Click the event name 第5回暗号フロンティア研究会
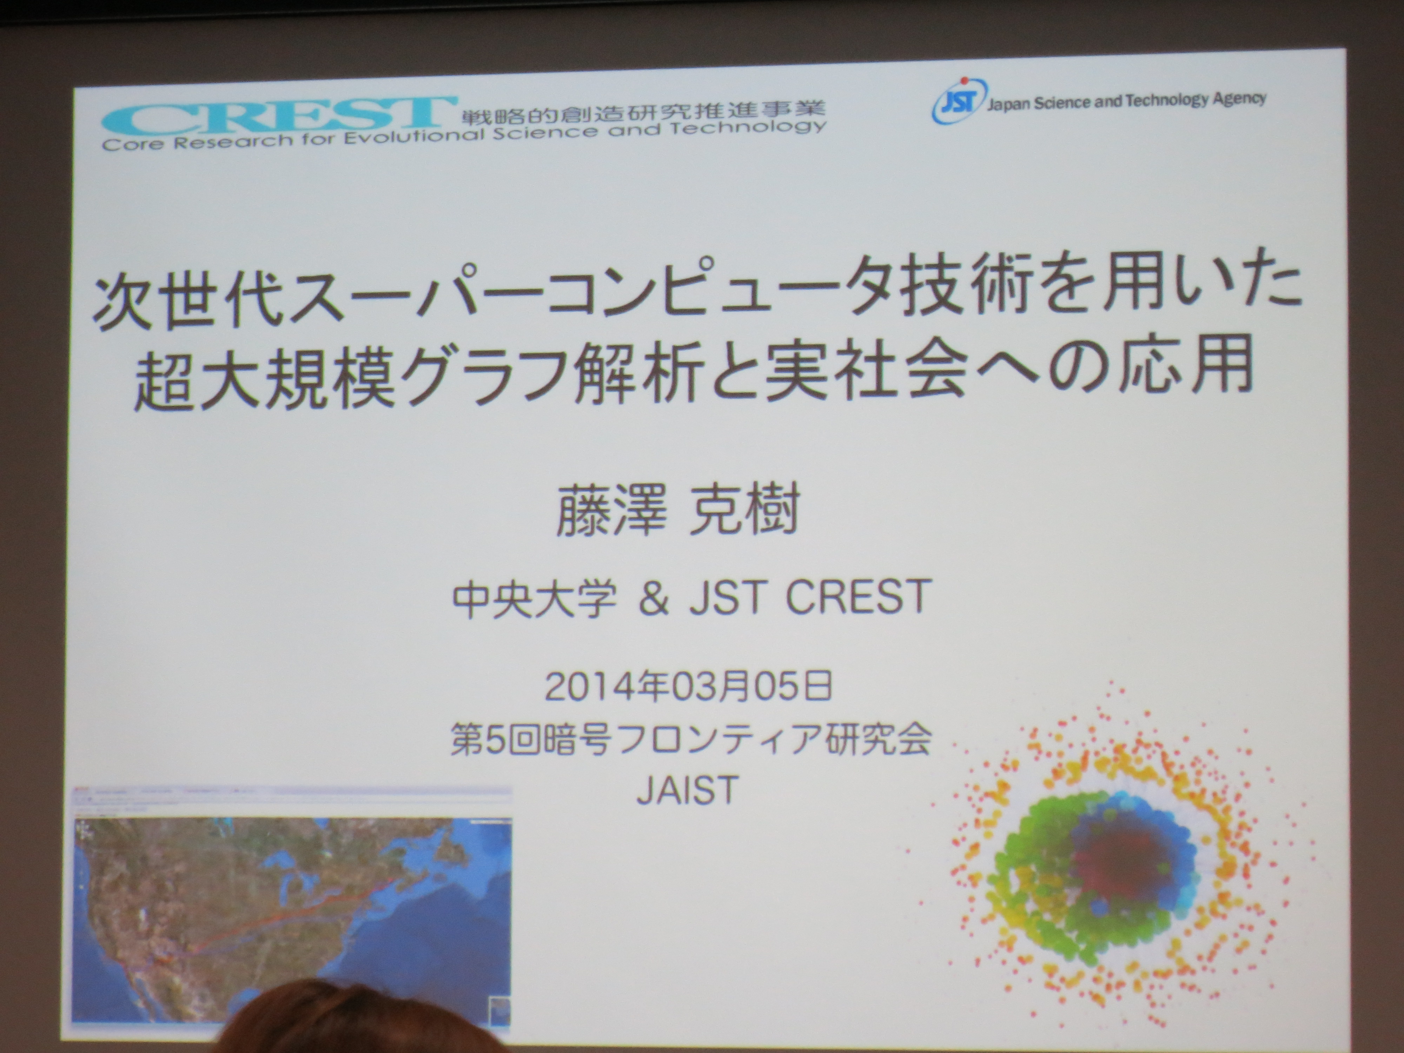coord(690,738)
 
